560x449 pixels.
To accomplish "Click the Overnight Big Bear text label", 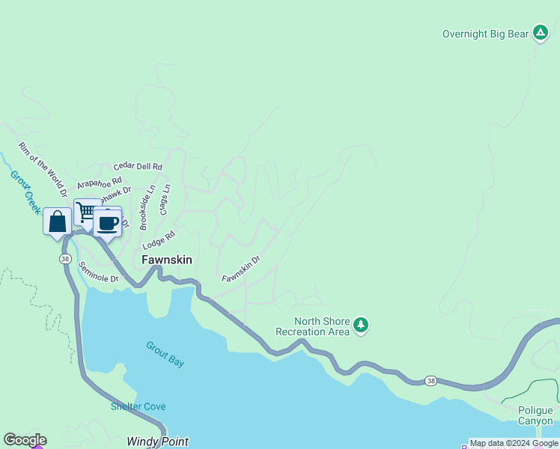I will pos(484,34).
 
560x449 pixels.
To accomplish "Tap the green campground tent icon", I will pos(541,33).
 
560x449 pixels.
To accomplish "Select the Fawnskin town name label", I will pos(167,260).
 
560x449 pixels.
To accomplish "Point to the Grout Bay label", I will pos(165,355).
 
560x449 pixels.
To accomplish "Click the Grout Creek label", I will pos(25,192).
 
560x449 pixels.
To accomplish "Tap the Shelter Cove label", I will pos(139,406).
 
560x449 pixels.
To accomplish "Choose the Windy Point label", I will pos(157,442).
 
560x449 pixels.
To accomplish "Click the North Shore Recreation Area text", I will pos(312,326).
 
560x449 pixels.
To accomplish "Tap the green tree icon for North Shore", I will pos(362,325).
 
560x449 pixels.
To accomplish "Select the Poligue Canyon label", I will pos(535,415).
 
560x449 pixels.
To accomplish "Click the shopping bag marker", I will pos(58,222).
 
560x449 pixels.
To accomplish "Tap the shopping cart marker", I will pos(86,213).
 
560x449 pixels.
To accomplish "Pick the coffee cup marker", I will pos(108,223).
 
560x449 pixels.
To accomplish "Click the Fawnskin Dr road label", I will pos(240,269).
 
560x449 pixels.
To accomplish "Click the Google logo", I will pos(25,440).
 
